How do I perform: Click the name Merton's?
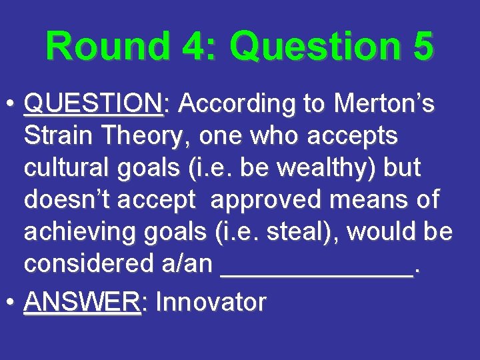(385, 104)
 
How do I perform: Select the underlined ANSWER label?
(81, 302)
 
